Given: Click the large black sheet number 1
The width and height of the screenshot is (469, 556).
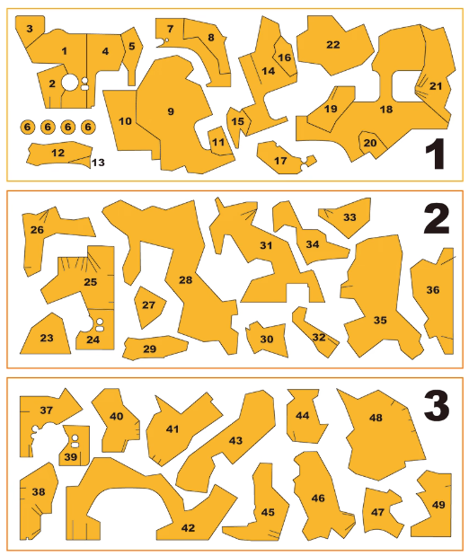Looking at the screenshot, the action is tap(435, 154).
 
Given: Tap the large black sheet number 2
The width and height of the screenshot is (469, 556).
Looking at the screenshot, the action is tap(437, 218).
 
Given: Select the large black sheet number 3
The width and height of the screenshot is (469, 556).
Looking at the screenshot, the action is tap(437, 405).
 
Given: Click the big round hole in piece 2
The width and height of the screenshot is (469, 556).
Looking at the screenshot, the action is tap(69, 83).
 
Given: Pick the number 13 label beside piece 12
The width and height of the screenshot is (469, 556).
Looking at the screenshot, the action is tap(98, 163).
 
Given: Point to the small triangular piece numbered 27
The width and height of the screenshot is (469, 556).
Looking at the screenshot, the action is tap(149, 306).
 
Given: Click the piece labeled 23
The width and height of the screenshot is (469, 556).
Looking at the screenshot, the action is tap(46, 335).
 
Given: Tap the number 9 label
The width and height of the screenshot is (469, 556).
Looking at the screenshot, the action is tap(171, 111).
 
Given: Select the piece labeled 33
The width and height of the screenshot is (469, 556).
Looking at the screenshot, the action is tap(346, 216).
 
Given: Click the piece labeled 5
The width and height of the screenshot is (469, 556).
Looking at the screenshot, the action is tap(132, 53).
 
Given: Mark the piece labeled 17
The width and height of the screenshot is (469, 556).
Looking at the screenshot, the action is tap(282, 160).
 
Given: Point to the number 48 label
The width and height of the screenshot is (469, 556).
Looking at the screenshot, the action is tap(376, 418).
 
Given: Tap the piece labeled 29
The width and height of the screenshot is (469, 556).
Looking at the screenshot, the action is tap(155, 348).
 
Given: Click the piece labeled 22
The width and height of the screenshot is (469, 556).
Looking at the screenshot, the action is tap(333, 45).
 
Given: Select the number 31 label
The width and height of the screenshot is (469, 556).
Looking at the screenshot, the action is tap(266, 245).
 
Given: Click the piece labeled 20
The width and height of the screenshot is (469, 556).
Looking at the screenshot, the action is tap(371, 144).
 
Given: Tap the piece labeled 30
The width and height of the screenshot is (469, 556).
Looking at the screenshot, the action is tap(267, 339).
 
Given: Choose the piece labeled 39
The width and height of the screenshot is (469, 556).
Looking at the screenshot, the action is tap(75, 446).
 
